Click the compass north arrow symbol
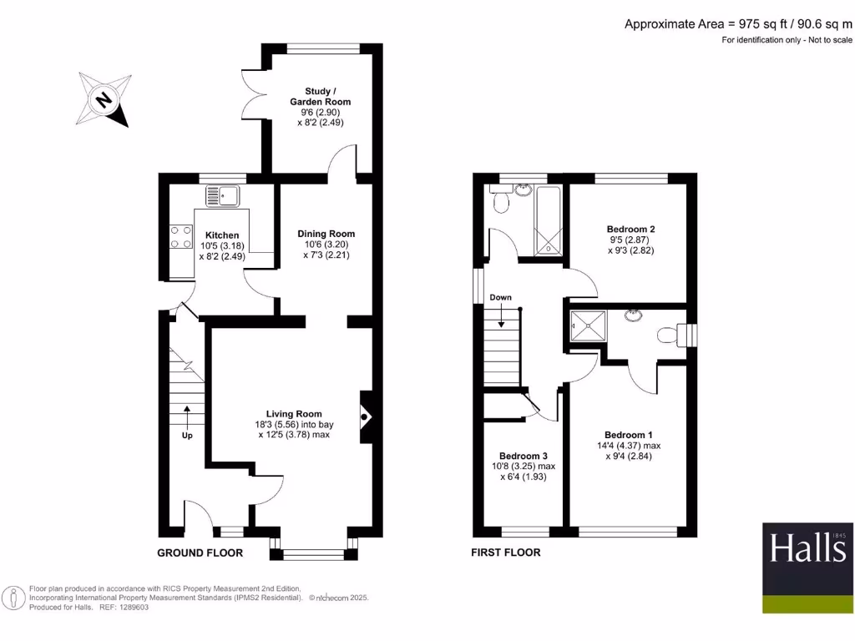click(x=104, y=100)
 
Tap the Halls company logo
click(x=807, y=566)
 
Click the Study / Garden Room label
click(x=321, y=96)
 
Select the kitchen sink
click(x=223, y=196)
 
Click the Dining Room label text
click(x=326, y=234)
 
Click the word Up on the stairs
click(x=187, y=436)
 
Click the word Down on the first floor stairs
click(x=501, y=297)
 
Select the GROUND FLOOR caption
click(x=200, y=553)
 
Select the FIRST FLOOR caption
click(x=505, y=553)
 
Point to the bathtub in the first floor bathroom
click(x=550, y=221)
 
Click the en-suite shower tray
click(x=588, y=326)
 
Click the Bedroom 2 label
click(x=630, y=230)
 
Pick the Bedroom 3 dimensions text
click(x=522, y=472)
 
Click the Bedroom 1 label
click(x=629, y=435)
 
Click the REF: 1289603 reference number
click(x=125, y=608)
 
